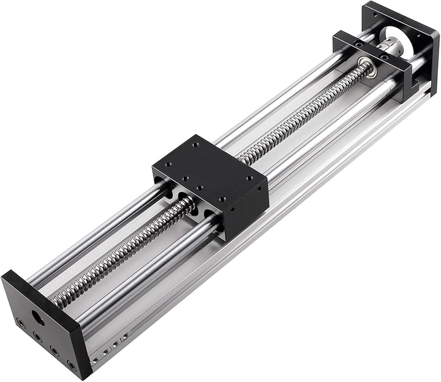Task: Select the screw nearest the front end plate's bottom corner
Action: pos(72,365)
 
